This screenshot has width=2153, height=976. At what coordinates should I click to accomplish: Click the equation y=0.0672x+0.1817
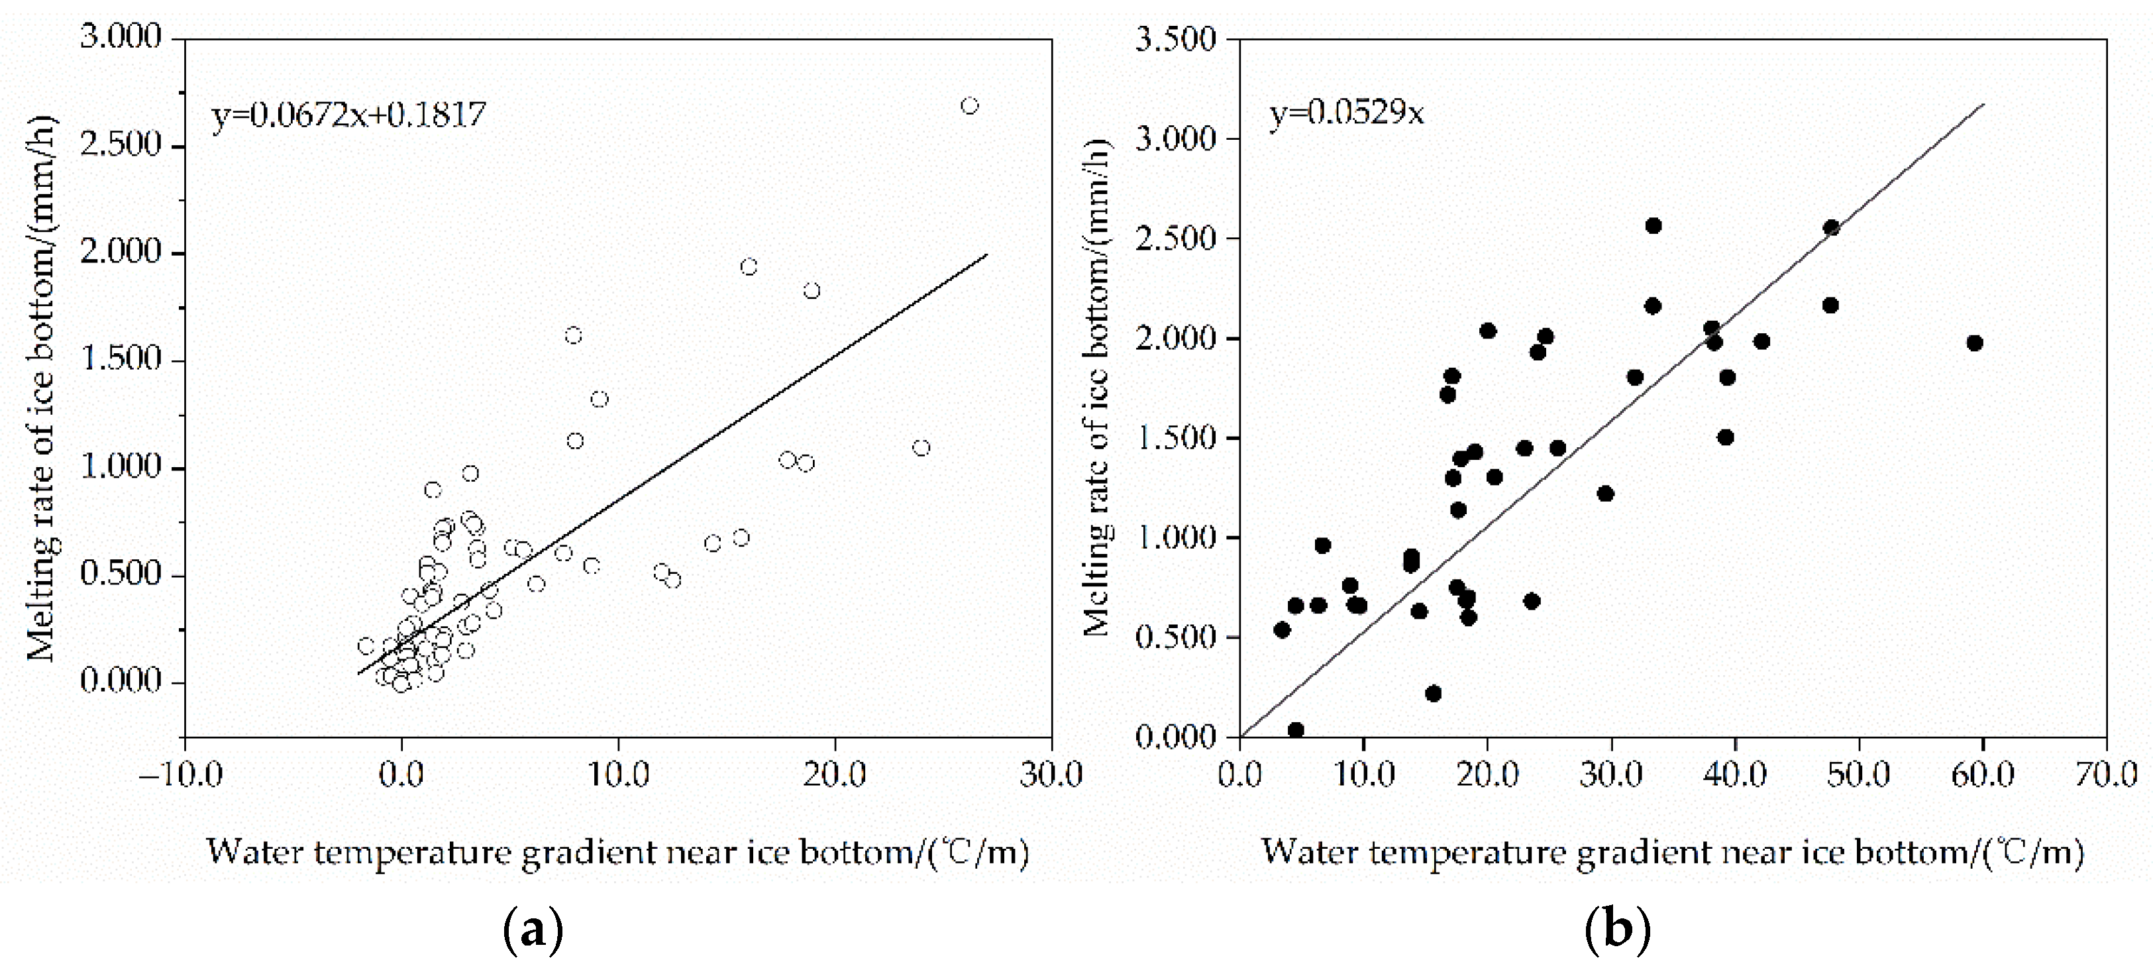(x=348, y=115)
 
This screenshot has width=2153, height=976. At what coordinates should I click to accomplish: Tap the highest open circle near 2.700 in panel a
(x=970, y=106)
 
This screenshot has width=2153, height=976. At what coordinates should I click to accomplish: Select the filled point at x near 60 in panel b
(x=1975, y=343)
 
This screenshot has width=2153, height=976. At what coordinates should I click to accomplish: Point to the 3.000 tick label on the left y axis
(x=121, y=38)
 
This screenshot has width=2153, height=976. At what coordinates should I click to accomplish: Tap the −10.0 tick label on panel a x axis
(x=182, y=775)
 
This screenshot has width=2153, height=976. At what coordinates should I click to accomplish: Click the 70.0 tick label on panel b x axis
(x=2105, y=775)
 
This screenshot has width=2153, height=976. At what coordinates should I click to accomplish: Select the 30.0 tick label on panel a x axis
(x=1051, y=775)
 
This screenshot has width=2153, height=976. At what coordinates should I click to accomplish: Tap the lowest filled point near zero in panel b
(x=1296, y=730)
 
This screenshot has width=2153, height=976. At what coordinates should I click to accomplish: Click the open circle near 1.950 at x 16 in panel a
(x=749, y=266)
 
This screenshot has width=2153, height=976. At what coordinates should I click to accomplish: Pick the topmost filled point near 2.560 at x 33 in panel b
(x=1654, y=226)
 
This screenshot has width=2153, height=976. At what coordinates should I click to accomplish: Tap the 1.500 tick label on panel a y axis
(x=121, y=360)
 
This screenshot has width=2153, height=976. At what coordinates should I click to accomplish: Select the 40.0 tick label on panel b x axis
(x=1734, y=775)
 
